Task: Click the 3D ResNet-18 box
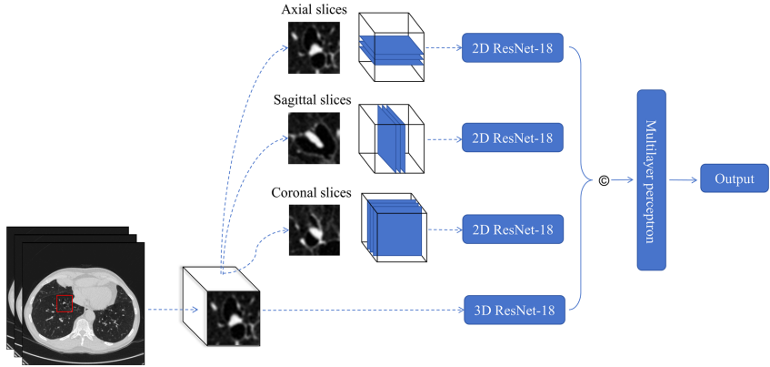coord(515,311)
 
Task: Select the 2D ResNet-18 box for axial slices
coord(515,49)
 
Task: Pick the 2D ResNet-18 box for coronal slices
coord(515,229)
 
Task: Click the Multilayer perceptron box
coord(652,179)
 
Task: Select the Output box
coord(733,178)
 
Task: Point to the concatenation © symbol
coord(604,180)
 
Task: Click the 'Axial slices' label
coord(314,10)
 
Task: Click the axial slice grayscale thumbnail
coord(314,47)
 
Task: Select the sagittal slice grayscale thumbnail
coord(314,138)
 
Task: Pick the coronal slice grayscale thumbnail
coord(314,229)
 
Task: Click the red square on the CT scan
coord(65,303)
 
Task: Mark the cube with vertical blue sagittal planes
coord(391,138)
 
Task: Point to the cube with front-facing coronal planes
coord(394,227)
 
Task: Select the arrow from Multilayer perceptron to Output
coord(684,179)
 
